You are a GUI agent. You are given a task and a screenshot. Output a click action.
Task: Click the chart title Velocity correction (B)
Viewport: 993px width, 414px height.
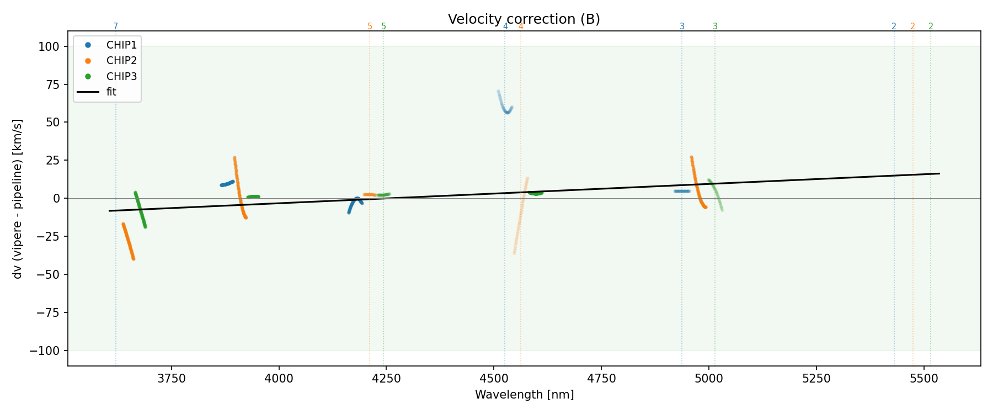click(x=524, y=19)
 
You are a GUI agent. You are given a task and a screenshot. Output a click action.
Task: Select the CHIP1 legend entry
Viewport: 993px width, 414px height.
click(x=121, y=45)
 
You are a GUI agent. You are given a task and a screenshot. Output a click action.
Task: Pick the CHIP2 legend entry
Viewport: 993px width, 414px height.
click(x=121, y=61)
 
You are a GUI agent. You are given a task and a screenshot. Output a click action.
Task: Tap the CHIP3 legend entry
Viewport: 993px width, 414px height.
click(x=121, y=76)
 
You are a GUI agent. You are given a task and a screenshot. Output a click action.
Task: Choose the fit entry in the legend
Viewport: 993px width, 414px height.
click(x=111, y=92)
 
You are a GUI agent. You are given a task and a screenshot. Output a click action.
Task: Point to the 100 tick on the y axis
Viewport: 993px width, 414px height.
click(x=49, y=46)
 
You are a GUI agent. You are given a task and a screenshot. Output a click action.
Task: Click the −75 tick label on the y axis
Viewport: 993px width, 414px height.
click(x=45, y=312)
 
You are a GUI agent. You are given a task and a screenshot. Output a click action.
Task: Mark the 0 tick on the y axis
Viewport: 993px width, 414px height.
click(x=56, y=198)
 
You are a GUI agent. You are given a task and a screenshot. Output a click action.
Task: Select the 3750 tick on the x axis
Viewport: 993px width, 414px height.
click(x=172, y=378)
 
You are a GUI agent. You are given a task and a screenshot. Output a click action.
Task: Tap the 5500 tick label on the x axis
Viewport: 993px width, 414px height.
click(x=923, y=378)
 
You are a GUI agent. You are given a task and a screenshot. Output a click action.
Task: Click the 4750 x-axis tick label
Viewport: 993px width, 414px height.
click(x=601, y=378)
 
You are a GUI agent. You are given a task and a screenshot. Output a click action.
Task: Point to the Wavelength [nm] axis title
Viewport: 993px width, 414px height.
click(x=524, y=395)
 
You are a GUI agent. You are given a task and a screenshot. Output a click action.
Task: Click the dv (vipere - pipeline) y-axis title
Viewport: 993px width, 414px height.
click(x=18, y=199)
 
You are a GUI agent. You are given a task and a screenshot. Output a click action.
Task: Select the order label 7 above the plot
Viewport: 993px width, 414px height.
click(x=115, y=26)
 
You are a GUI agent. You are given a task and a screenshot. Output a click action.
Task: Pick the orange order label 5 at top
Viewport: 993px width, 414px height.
click(x=370, y=26)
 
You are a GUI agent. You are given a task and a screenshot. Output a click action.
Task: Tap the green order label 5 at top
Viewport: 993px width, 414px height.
click(x=383, y=26)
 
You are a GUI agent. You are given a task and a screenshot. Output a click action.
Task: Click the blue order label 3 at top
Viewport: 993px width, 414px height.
click(x=682, y=26)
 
